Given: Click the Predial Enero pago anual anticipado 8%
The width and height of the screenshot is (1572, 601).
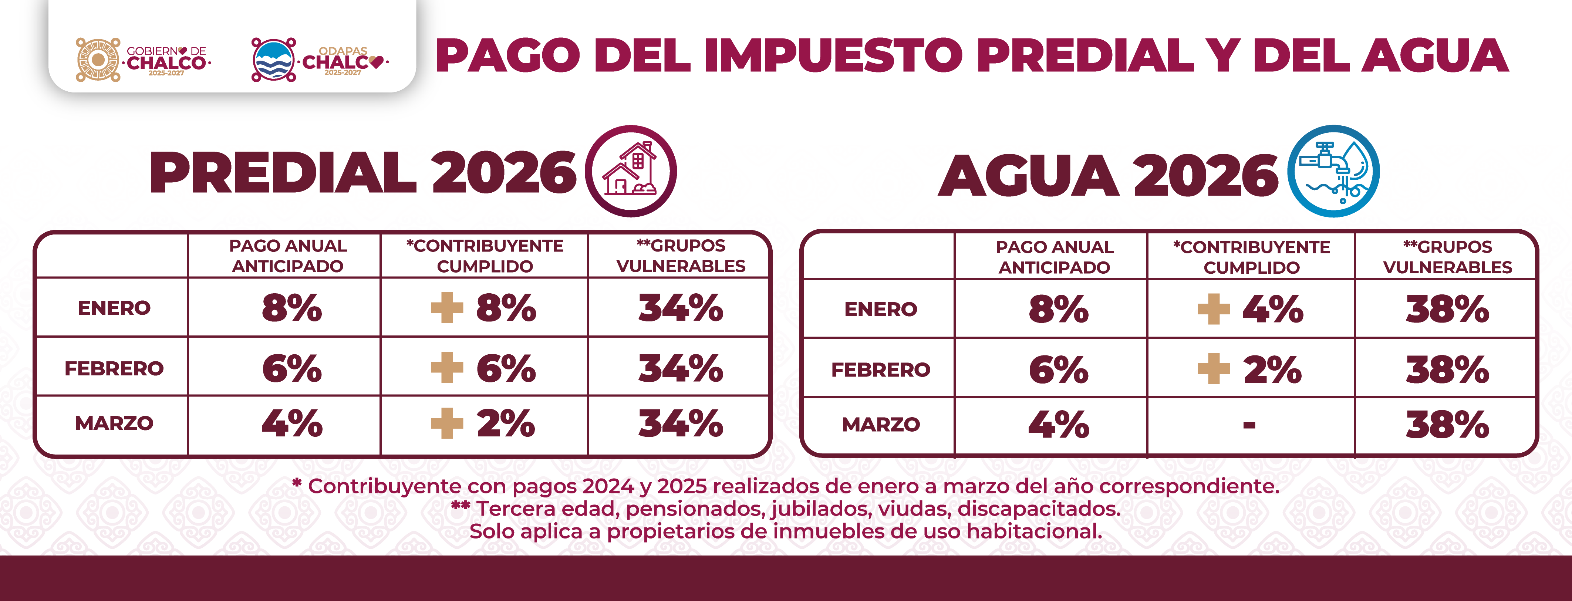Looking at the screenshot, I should click(292, 308).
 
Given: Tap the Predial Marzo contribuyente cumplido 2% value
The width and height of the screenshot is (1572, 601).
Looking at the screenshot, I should click(506, 423).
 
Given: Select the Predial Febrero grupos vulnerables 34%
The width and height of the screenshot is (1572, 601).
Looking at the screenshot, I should click(681, 368).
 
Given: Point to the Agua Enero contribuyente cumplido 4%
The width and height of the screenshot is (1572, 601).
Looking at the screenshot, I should click(1272, 309).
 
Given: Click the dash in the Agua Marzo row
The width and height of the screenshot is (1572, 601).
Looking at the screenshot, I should click(1249, 425).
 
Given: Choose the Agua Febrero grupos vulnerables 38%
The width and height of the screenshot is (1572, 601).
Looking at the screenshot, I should click(1447, 370).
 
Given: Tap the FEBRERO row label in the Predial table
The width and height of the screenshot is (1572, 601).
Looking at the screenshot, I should click(114, 368).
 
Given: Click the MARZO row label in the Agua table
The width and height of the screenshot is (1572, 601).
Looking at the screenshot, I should click(881, 425).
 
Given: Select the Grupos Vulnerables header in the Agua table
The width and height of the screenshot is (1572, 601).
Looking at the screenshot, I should click(1447, 257).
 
